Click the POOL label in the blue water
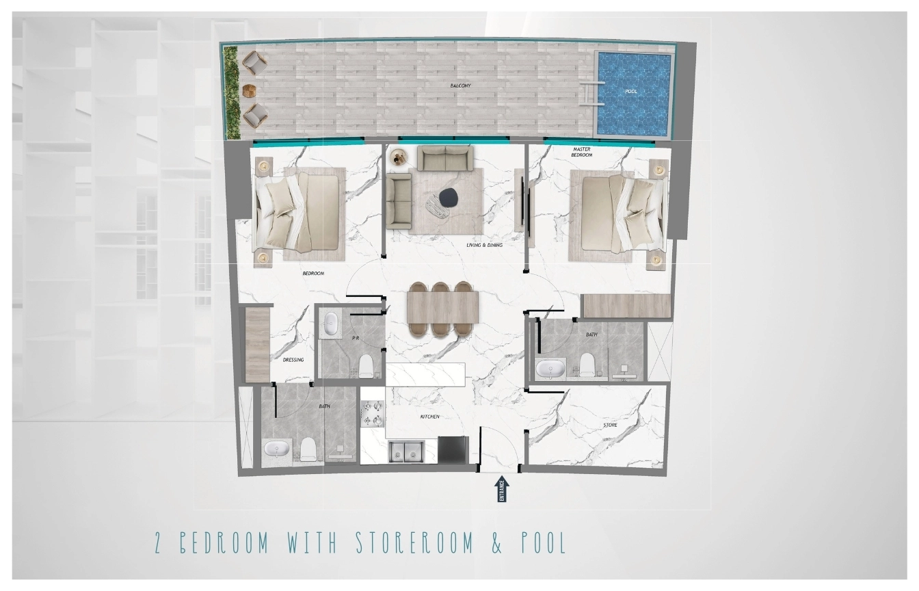(631, 91)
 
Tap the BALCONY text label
(460, 86)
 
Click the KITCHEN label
(429, 417)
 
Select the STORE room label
(610, 425)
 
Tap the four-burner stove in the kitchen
(373, 414)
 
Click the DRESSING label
(293, 360)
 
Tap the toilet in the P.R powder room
(366, 366)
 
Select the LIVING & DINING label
(485, 245)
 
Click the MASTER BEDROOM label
(582, 153)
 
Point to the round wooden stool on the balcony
(249, 91)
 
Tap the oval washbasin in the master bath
(549, 368)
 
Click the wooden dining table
(442, 307)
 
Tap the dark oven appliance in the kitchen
(453, 448)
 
